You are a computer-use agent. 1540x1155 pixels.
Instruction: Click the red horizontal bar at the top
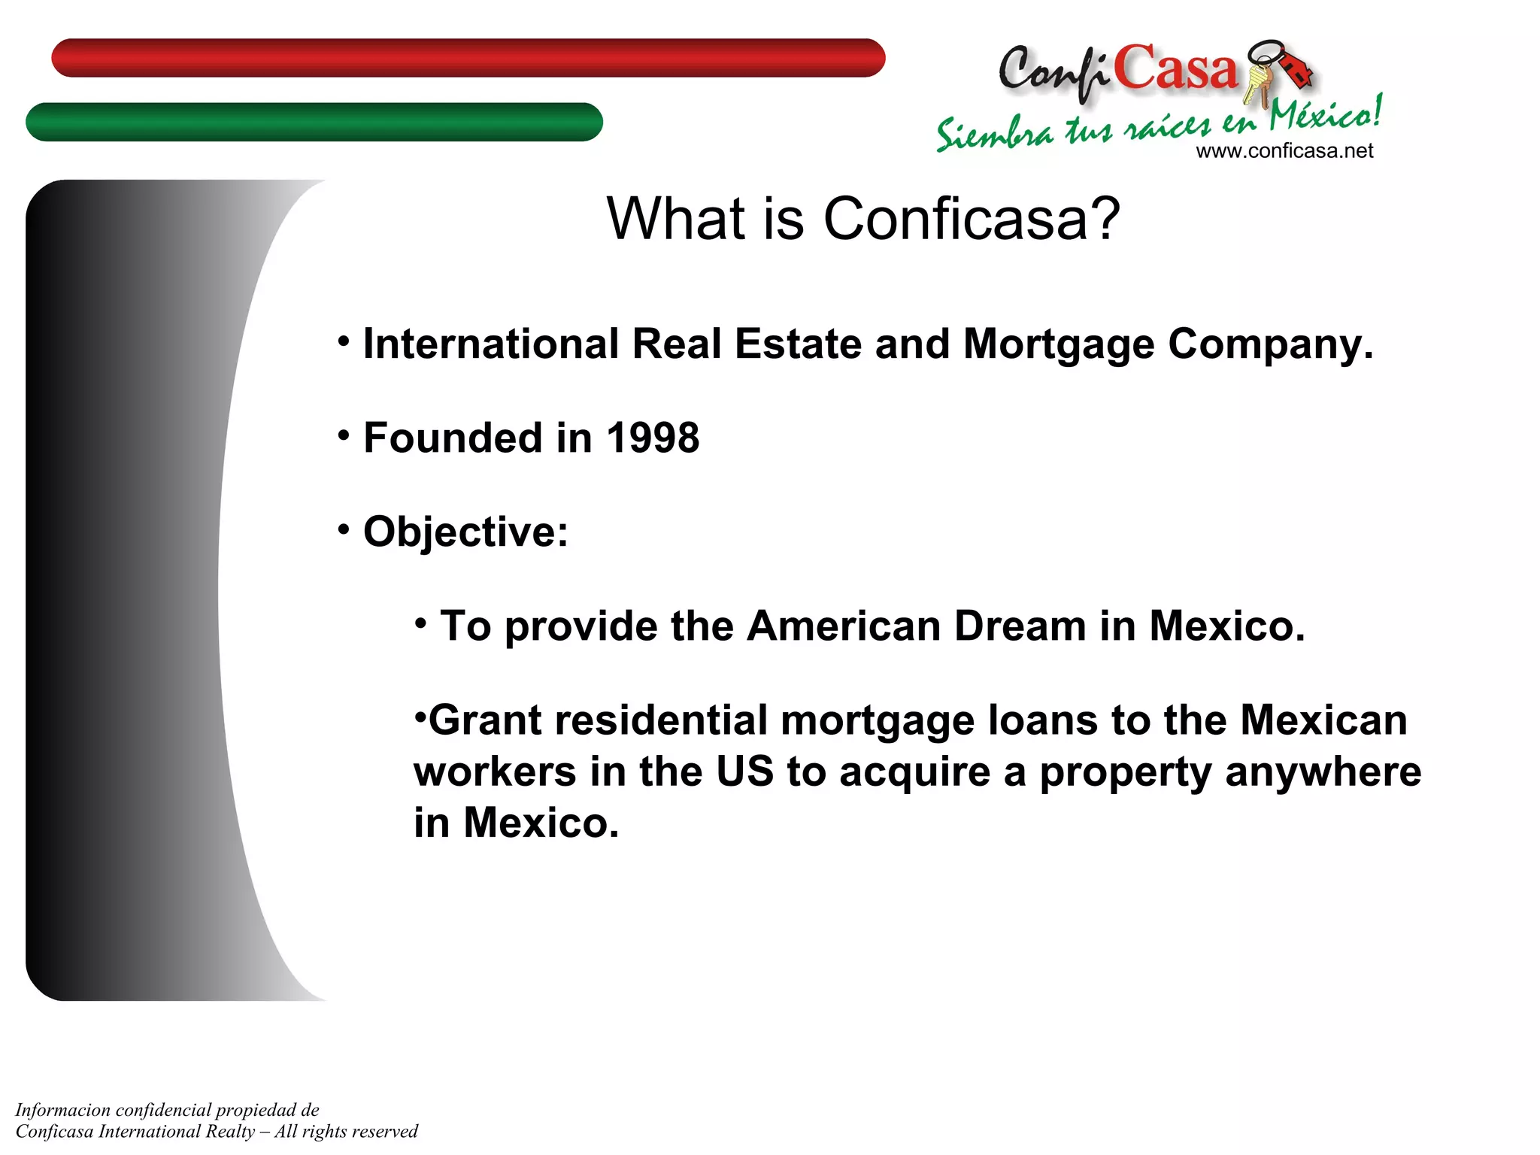point(468,58)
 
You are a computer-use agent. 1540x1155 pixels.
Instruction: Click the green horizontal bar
point(314,122)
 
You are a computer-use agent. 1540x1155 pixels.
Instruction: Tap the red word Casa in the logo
point(1175,69)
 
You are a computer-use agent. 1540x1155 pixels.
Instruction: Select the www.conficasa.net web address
point(1284,151)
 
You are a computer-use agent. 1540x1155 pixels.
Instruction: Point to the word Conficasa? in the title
point(972,219)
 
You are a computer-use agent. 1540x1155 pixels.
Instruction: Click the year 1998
point(653,438)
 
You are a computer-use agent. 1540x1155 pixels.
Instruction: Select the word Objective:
point(465,532)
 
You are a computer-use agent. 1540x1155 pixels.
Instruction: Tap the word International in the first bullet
point(490,344)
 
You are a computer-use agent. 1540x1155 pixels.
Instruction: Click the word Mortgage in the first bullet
point(1059,346)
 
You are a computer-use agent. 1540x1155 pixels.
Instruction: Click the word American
point(844,626)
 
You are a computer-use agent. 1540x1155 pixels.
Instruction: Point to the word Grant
point(485,720)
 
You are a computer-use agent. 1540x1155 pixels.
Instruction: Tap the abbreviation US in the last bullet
point(744,772)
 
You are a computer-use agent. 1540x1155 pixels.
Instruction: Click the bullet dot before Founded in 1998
point(344,435)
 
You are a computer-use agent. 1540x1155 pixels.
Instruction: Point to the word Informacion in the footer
point(63,1111)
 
